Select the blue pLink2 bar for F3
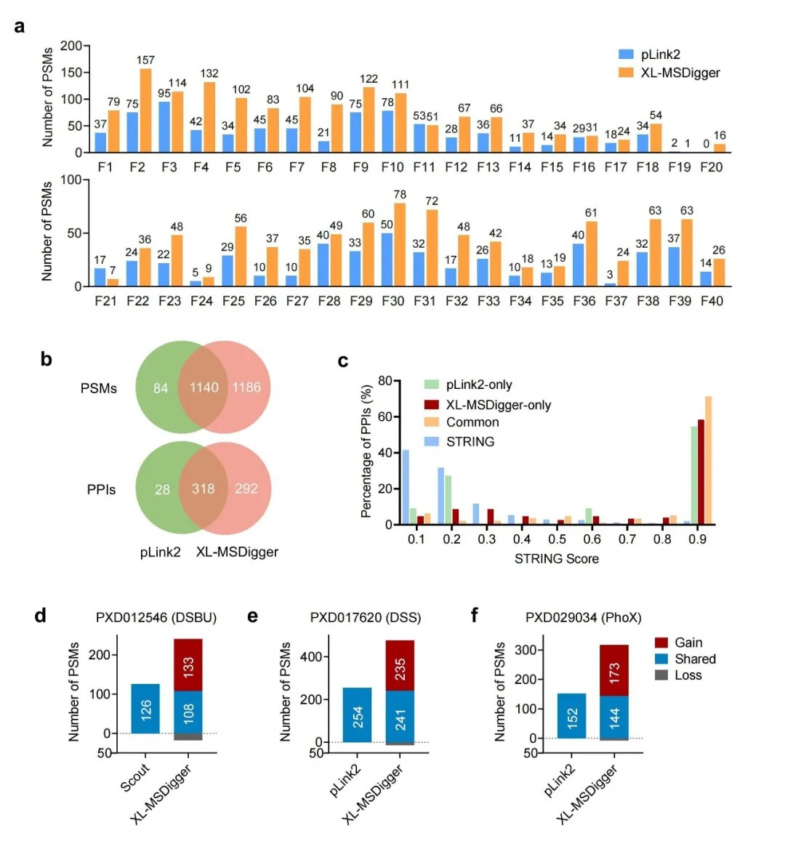164,127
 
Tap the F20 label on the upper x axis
711,167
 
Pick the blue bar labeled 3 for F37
610,284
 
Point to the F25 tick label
233,301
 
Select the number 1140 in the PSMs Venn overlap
204,387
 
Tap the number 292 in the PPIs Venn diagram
246,488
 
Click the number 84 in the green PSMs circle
161,388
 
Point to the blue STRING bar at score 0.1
406,487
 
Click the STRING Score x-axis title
557,558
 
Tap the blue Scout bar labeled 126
145,709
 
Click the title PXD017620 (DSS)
365,618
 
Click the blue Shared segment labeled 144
614,717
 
